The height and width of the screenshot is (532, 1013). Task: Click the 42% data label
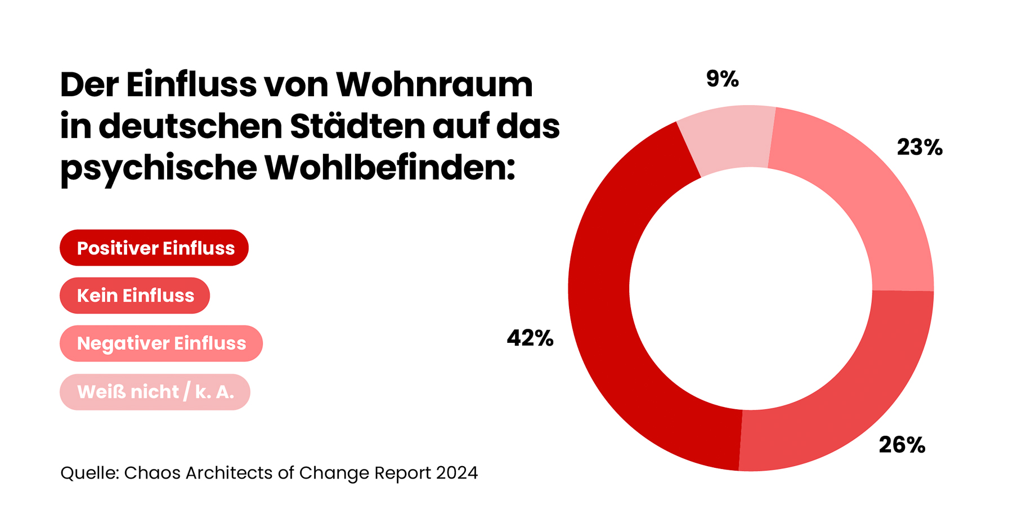point(530,338)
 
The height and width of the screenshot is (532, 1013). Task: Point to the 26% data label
point(902,445)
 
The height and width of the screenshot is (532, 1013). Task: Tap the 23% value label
point(919,147)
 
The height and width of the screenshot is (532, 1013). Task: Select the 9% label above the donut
point(722,79)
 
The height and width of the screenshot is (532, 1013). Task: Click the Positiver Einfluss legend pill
point(154,248)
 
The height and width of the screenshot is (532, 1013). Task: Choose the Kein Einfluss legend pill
point(135,296)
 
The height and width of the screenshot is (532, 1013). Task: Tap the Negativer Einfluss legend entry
point(161,343)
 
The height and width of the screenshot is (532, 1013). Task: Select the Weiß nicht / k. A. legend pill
point(155,392)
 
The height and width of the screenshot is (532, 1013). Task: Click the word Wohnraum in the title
point(434,84)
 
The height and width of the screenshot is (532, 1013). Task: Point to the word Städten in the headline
point(357,126)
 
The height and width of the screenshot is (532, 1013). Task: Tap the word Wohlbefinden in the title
point(389,167)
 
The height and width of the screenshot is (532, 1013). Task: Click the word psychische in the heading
point(158,168)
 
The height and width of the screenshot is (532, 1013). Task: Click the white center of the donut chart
point(751,288)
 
